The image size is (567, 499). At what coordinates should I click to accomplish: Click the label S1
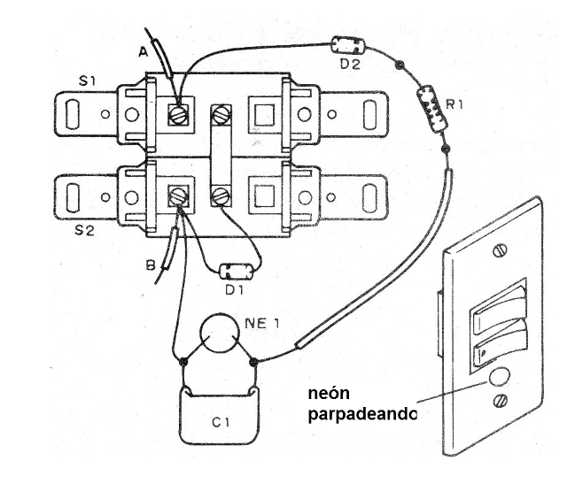(88, 81)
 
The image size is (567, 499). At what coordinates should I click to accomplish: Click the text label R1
(455, 105)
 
